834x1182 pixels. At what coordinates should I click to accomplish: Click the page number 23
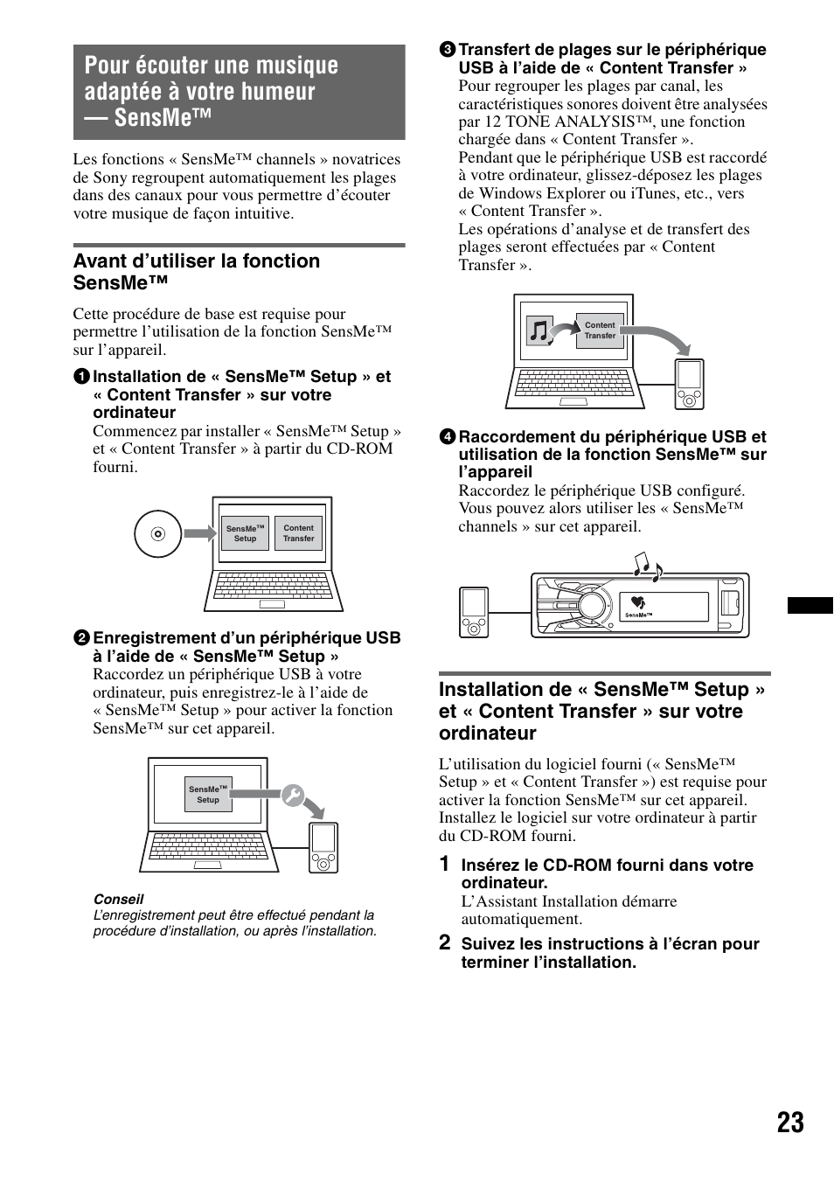pyautogui.click(x=789, y=1123)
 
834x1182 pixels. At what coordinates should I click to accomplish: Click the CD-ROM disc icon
pyautogui.click(x=157, y=533)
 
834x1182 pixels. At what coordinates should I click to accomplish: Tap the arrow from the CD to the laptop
pyautogui.click(x=199, y=533)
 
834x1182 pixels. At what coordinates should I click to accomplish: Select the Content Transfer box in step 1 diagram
pyautogui.click(x=298, y=533)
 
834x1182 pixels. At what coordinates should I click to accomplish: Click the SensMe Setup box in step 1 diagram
pyautogui.click(x=245, y=533)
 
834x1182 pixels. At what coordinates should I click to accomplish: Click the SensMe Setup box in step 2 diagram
pyautogui.click(x=208, y=794)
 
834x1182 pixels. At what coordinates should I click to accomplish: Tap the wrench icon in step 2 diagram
pyautogui.click(x=292, y=796)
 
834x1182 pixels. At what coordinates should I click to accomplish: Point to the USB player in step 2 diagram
pyautogui.click(x=323, y=847)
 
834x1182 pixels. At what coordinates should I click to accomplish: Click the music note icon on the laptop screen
pyautogui.click(x=539, y=331)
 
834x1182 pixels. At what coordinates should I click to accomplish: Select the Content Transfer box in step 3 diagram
pyautogui.click(x=600, y=330)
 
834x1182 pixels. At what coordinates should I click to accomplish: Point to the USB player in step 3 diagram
pyautogui.click(x=689, y=384)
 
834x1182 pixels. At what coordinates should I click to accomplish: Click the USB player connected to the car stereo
pyautogui.click(x=474, y=612)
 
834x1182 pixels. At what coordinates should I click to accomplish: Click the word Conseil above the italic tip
pyautogui.click(x=118, y=899)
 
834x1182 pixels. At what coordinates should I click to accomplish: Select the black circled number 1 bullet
pyautogui.click(x=80, y=377)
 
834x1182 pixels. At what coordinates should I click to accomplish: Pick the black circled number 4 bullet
pyautogui.click(x=446, y=437)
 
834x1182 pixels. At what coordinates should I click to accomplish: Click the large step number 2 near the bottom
pyautogui.click(x=445, y=942)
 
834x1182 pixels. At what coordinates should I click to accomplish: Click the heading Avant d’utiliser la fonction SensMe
pyautogui.click(x=197, y=271)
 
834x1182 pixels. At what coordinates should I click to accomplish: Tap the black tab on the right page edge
pyautogui.click(x=810, y=605)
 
